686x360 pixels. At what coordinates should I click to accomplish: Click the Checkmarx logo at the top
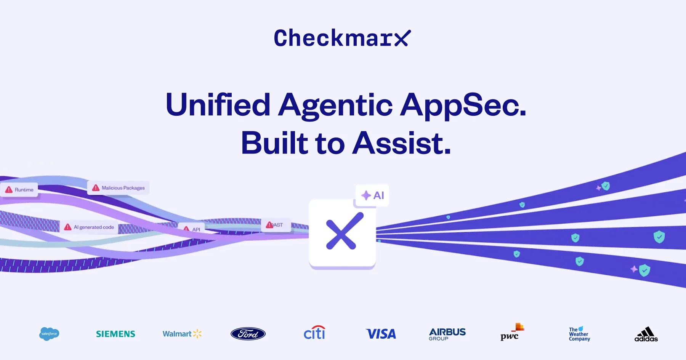(x=342, y=38)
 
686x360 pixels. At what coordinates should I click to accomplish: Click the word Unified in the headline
(x=218, y=105)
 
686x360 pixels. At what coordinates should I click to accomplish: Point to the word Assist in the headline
(x=402, y=143)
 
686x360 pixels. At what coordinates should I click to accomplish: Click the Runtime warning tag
(x=19, y=190)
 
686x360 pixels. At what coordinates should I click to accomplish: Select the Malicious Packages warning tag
(x=119, y=188)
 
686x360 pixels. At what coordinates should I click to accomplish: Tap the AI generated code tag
(x=89, y=227)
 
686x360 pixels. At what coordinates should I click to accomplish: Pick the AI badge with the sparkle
(x=372, y=195)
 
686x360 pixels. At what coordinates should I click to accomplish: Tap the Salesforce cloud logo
(x=49, y=334)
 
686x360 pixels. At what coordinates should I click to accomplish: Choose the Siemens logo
(x=115, y=334)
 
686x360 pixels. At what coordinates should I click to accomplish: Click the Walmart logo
(x=182, y=334)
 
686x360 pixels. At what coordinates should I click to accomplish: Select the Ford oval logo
(x=248, y=334)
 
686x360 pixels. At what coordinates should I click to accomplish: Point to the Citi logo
(x=314, y=333)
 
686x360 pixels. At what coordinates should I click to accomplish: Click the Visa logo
(x=381, y=334)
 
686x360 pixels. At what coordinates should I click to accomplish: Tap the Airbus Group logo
(x=447, y=334)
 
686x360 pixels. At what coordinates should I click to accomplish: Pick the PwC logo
(x=511, y=332)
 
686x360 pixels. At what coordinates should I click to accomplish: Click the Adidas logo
(x=646, y=334)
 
